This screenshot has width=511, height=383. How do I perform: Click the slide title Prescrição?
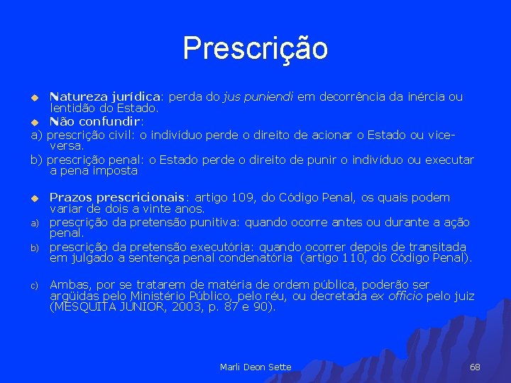(x=255, y=48)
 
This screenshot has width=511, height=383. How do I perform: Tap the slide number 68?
(x=475, y=367)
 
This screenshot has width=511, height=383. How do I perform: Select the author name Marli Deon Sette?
(x=255, y=367)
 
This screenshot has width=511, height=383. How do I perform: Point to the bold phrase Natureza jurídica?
(x=106, y=96)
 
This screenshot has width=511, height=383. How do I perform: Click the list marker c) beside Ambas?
(x=33, y=285)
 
